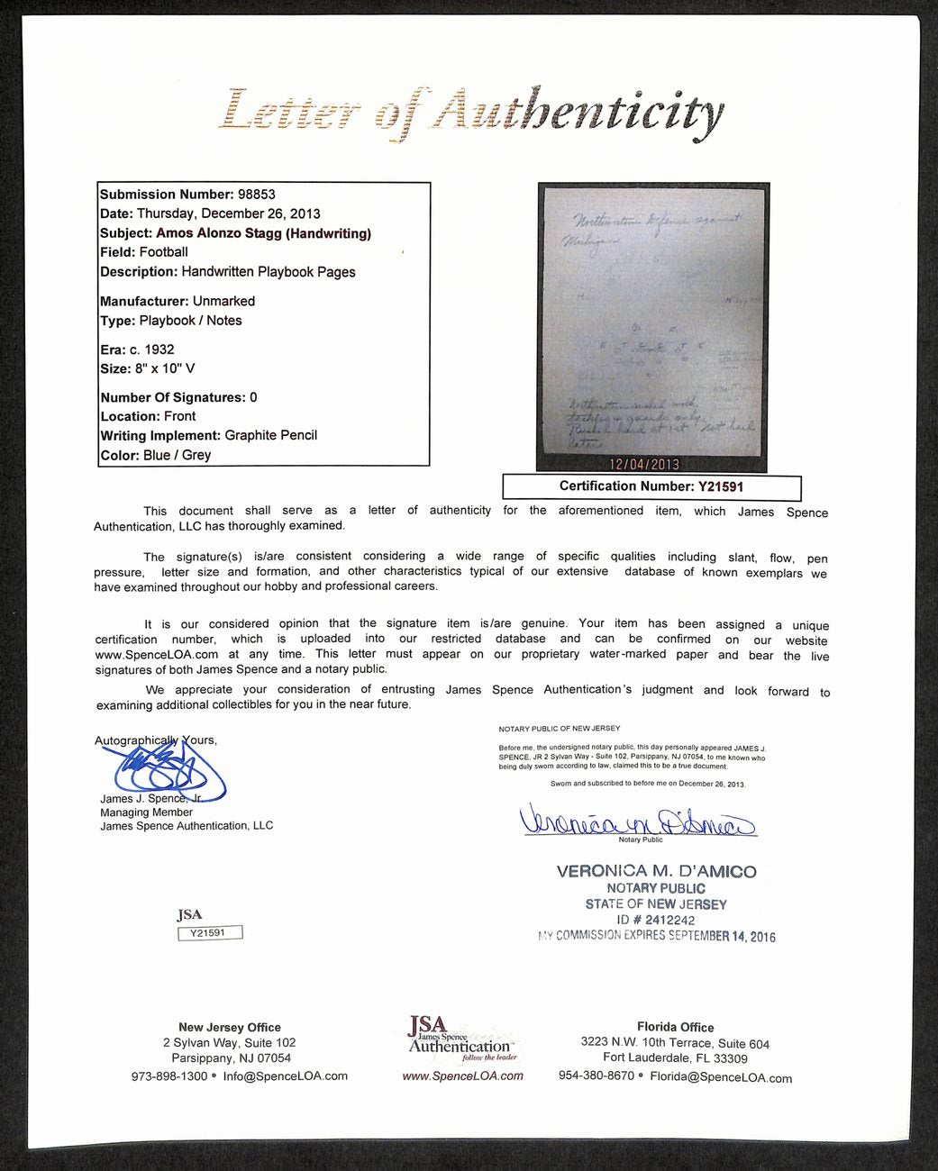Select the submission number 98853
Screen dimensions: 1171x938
click(x=257, y=194)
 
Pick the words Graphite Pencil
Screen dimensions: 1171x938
click(x=271, y=435)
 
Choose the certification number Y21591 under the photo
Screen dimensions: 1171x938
click(x=720, y=486)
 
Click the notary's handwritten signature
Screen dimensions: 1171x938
click(x=637, y=821)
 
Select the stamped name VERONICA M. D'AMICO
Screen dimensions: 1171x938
click(x=656, y=871)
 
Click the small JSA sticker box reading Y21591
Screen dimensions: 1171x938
click(x=210, y=933)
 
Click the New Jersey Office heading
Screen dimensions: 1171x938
click(x=229, y=1027)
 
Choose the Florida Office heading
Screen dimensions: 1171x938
click(x=675, y=1027)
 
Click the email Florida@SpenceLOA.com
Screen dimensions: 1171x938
click(x=721, y=1076)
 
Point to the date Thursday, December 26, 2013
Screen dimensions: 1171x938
click(x=228, y=213)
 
